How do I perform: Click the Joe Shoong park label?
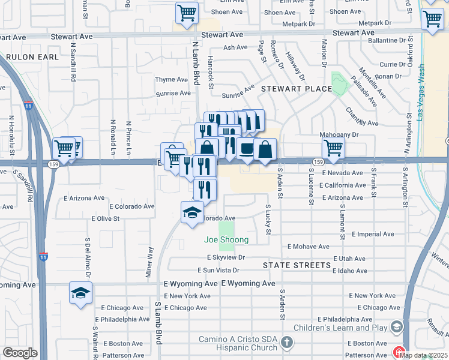pyautogui.click(x=226, y=240)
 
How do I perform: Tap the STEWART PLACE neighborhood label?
pyautogui.click(x=296, y=89)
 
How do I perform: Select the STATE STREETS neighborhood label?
pyautogui.click(x=297, y=265)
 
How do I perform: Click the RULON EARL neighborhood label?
pyautogui.click(x=33, y=57)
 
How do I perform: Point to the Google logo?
pyautogui.click(x=20, y=353)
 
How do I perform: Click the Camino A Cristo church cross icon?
pyautogui.click(x=287, y=343)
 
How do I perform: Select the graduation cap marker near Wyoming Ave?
pyautogui.click(x=80, y=293)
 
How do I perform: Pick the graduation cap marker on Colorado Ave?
pyautogui.click(x=192, y=212)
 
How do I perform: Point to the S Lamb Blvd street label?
pyautogui.click(x=159, y=323)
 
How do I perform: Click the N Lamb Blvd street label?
pyautogui.click(x=195, y=67)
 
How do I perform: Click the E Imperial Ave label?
pyautogui.click(x=373, y=233)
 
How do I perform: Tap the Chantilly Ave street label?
pyautogui.click(x=361, y=116)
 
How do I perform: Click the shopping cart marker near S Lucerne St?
pyautogui.click(x=333, y=147)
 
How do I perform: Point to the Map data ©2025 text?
pyautogui.click(x=424, y=355)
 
